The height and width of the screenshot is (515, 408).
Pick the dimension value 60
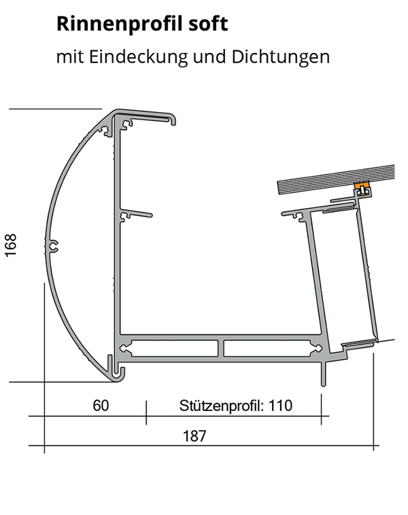(100, 406)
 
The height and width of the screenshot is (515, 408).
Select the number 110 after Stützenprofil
(280, 406)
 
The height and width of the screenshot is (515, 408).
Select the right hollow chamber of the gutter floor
(272, 349)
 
